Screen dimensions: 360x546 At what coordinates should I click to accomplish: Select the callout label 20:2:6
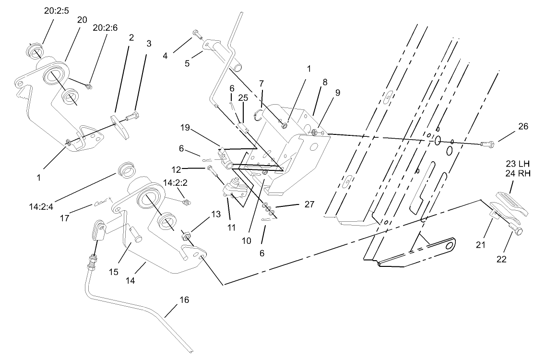[x=105, y=28]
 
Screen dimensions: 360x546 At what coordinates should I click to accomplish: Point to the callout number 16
[x=184, y=300]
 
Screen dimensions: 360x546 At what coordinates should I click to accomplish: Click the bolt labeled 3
[x=133, y=116]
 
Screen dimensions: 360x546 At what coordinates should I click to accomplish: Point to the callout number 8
[x=325, y=82]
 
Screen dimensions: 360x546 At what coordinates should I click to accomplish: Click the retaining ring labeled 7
[x=259, y=116]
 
